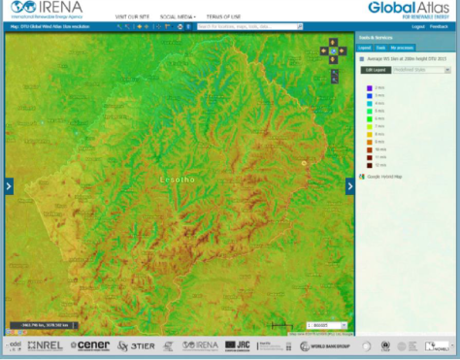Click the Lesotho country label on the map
pyautogui.click(x=176, y=180)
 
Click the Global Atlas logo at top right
pyautogui.click(x=405, y=10)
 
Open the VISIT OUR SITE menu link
pyautogui.click(x=132, y=16)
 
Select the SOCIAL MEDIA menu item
pyautogui.click(x=177, y=16)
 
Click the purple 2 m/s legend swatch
pyautogui.click(x=369, y=88)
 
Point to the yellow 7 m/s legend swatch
pyautogui.click(x=369, y=126)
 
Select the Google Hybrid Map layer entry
pyautogui.click(x=384, y=178)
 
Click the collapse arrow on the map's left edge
pyautogui.click(x=9, y=185)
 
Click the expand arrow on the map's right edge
pyautogui.click(x=351, y=185)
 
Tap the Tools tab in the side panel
pyautogui.click(x=380, y=47)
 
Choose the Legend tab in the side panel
pyautogui.click(x=364, y=47)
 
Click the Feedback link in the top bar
pyautogui.click(x=440, y=26)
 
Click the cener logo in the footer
pyautogui.click(x=93, y=345)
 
